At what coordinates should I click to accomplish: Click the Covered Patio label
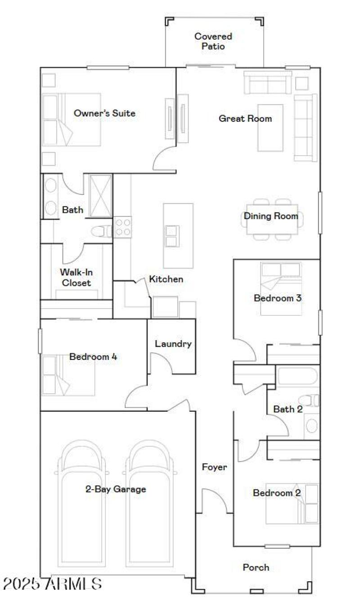tap(213, 41)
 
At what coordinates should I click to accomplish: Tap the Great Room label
tap(245, 119)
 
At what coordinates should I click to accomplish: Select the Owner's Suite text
tap(104, 113)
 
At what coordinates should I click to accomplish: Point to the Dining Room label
tap(271, 216)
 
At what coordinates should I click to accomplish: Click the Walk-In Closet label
tap(76, 278)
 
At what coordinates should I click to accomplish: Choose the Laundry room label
tap(173, 344)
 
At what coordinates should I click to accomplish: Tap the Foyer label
tap(214, 467)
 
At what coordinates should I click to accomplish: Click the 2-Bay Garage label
tap(116, 489)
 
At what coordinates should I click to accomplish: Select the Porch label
tap(256, 567)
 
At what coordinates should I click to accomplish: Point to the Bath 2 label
tap(288, 409)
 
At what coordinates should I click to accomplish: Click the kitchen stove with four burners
tap(122, 227)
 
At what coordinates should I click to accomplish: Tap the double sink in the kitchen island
tap(172, 236)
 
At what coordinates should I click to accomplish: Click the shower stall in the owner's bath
tap(100, 196)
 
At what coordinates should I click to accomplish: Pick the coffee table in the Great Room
tap(270, 128)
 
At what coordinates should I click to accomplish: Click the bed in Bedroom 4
tap(68, 375)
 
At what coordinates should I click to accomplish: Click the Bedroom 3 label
tap(277, 298)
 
